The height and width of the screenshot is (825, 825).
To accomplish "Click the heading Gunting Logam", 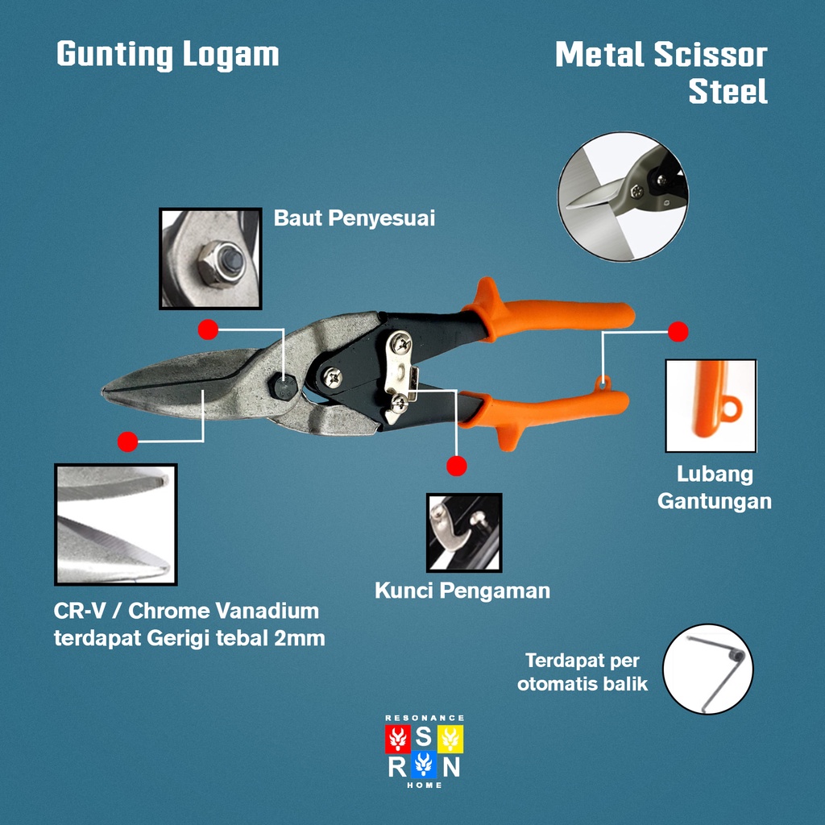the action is pos(168,56).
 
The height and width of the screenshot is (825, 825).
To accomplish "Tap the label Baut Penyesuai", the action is pos(354,218).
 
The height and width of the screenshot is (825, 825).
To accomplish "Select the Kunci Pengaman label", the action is pos(462,591).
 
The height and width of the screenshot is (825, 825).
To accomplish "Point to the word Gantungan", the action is pos(714,501).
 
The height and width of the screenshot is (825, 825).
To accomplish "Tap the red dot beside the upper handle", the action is pos(678,331).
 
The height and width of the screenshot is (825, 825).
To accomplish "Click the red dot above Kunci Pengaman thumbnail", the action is pos(457,466).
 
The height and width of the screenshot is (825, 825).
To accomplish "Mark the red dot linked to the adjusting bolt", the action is pos(209,329).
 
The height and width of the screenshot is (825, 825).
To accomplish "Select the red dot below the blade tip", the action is pos(127,441).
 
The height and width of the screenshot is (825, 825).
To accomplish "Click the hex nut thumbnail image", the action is pos(210,259).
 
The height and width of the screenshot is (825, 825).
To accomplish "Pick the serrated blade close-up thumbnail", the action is pos(115,524).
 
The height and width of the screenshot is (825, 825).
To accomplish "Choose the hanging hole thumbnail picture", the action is pos(711,405).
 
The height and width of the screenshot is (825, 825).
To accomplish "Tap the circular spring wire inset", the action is pos(707,670).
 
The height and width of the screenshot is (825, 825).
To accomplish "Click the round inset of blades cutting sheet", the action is pos(623,197).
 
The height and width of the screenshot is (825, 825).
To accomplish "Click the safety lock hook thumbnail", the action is pos(463,533).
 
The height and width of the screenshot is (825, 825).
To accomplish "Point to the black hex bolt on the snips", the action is pos(284,386).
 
